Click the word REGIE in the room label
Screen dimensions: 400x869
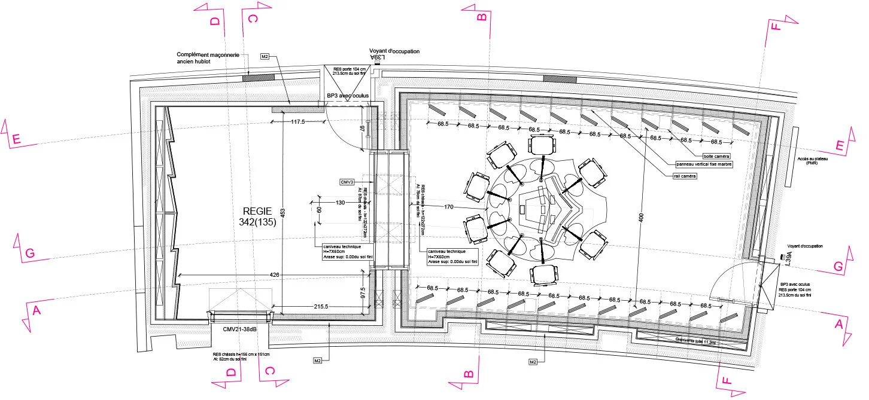(257, 211)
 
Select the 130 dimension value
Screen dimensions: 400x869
(341, 203)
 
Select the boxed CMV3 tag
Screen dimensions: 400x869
(348, 181)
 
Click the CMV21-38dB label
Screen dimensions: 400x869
(240, 329)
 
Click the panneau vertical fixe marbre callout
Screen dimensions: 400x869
(704, 164)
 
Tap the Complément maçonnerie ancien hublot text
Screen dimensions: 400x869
(208, 58)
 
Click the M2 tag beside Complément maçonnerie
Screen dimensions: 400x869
(265, 57)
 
